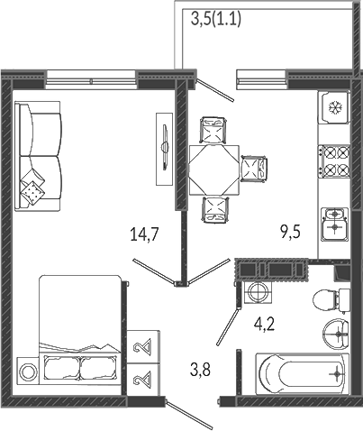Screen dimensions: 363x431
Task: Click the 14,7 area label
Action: coord(144,234)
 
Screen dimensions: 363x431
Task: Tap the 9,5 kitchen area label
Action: coord(291,232)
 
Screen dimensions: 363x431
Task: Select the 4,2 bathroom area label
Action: coord(265,324)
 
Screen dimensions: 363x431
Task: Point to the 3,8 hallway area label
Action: coord(200,369)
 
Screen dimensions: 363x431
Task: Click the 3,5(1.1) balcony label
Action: coord(216,20)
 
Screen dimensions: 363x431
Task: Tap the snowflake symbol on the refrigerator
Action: coord(333,107)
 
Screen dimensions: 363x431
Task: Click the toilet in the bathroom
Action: coord(331,300)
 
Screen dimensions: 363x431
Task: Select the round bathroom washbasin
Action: coord(336,334)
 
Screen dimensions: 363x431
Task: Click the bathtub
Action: coord(303,373)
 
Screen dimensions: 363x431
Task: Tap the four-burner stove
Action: coord(334,161)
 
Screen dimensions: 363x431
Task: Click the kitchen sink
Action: coord(334,224)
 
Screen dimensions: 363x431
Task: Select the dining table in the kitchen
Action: coord(214,170)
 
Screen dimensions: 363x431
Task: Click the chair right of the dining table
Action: coord(255,169)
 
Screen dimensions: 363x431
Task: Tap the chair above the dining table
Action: coord(213,130)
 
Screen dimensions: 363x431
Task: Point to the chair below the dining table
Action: coord(215,209)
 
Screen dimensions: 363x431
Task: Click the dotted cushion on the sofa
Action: coord(32,191)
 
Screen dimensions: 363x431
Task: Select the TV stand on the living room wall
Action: coord(164,149)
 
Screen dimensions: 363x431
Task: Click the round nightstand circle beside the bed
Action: coord(28,371)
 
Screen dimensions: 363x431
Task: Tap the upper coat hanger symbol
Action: coord(143,347)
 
